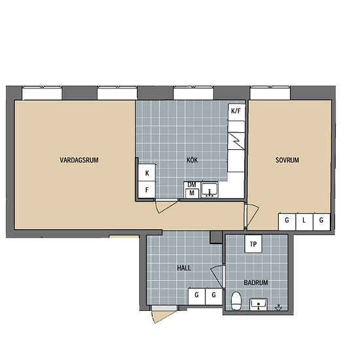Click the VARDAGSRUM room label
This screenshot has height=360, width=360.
[79, 160]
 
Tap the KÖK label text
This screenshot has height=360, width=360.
[192, 160]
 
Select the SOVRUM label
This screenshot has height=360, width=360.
[287, 160]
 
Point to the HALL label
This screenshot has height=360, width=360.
[184, 268]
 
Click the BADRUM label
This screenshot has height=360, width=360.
[256, 282]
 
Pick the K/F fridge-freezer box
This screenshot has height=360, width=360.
[236, 112]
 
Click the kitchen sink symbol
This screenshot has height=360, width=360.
[209, 190]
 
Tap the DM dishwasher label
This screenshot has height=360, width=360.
[192, 185]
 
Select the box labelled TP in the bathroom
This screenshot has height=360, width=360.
[253, 244]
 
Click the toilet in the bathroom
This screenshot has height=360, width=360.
[236, 301]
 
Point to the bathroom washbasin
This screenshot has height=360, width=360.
[259, 304]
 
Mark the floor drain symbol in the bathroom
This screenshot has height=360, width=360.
[278, 308]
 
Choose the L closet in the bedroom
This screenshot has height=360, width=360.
[304, 221]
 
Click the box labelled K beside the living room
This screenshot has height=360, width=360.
[147, 173]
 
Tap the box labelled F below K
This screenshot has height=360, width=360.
[147, 190]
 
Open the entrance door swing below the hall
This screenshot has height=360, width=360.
[162, 316]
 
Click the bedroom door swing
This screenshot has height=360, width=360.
[252, 215]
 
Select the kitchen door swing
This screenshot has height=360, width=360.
[166, 207]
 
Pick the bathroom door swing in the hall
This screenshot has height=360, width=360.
[217, 276]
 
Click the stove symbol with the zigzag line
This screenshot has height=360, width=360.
[236, 141]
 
